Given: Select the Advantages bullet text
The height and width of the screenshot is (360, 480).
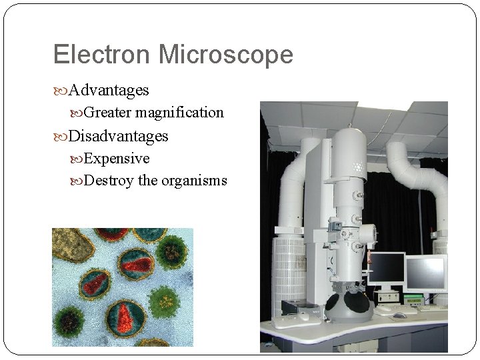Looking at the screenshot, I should (x=109, y=89).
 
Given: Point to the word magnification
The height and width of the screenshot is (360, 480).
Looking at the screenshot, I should (x=183, y=113).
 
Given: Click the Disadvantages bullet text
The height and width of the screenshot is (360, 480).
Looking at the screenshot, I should (x=119, y=136).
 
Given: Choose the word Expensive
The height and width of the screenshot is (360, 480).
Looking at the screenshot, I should (x=117, y=159).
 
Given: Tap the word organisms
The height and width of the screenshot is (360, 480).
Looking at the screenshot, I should (x=194, y=181).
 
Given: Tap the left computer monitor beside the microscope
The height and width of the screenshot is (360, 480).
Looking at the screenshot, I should (x=387, y=268).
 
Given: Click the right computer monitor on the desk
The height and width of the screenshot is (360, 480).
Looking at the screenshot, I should (x=426, y=273).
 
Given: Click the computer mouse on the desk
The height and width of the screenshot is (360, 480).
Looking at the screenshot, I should (x=399, y=315).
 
